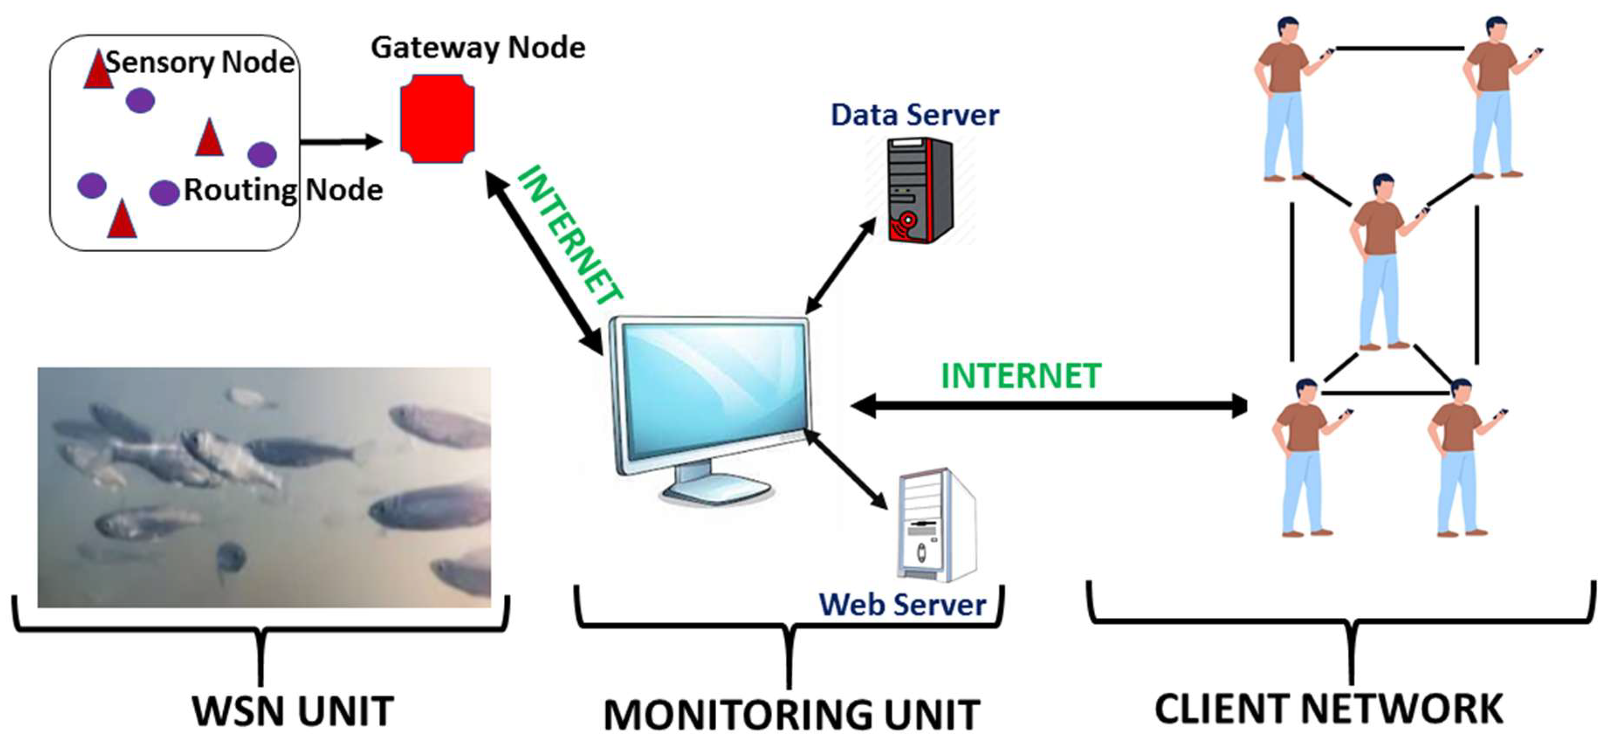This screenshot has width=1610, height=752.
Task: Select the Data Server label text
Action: pos(914,115)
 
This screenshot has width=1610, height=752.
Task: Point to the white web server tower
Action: pos(936,525)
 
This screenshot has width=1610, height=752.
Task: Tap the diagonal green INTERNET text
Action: pos(569,234)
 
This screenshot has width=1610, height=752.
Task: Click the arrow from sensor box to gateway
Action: pos(341,142)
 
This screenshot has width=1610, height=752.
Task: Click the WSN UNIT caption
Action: pos(292,711)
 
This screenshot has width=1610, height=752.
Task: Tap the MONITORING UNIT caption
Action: pos(791,714)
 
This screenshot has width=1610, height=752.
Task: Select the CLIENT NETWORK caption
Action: pos(1328,709)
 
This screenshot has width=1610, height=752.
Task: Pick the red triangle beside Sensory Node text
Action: pos(98,70)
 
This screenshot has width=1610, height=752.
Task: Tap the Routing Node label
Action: pos(283,189)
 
